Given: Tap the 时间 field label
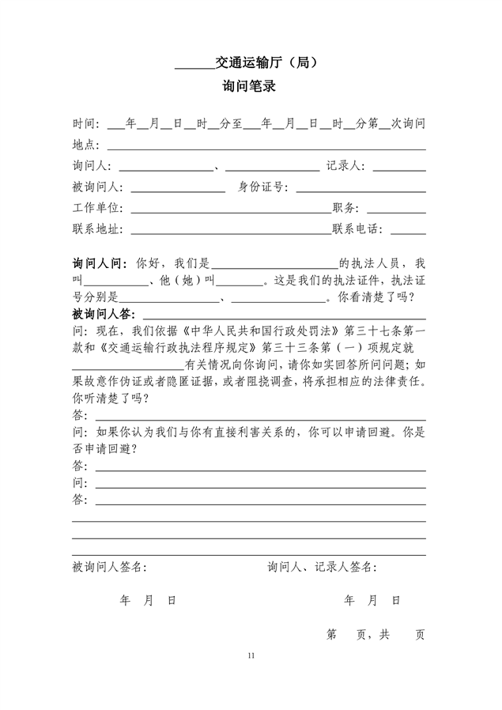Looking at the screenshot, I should point(85,124).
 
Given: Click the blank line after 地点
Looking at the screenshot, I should point(266,145).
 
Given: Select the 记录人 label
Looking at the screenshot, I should point(345,167).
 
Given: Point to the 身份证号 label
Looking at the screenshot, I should point(263,187).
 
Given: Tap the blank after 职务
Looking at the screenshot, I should point(396,209).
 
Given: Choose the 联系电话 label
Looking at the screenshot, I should point(357,229).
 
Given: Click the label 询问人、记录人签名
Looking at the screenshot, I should point(323,567).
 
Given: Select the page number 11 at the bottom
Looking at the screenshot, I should point(251,655).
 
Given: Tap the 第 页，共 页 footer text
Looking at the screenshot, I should point(376,634).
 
